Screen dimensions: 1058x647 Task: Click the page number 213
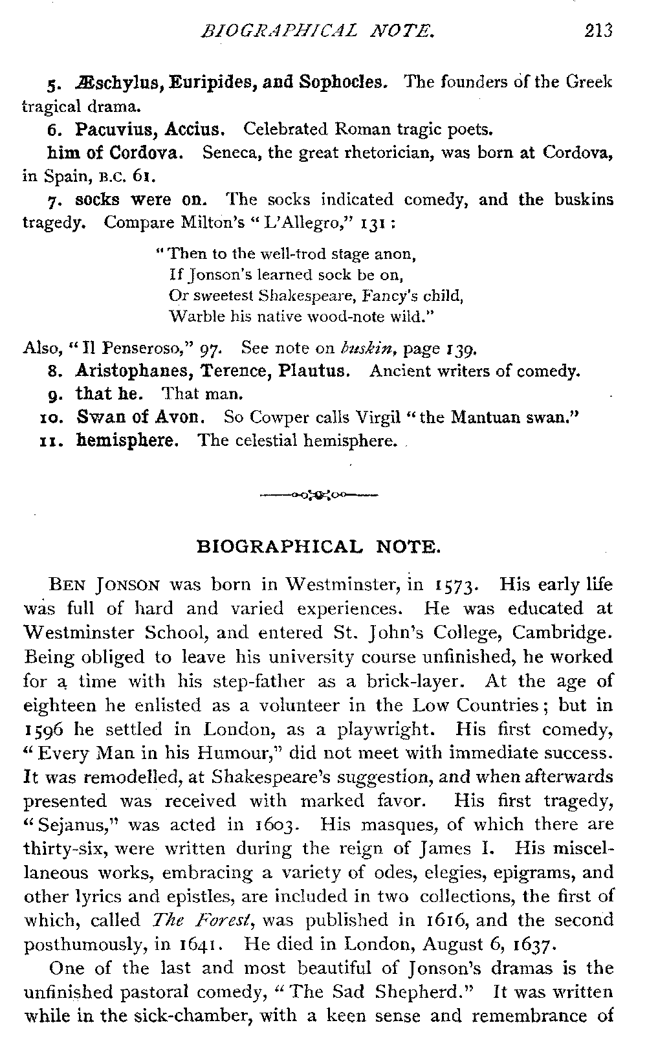[x=597, y=30]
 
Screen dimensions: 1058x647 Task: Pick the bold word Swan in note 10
[x=95, y=417]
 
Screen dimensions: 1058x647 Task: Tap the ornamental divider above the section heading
[x=318, y=496]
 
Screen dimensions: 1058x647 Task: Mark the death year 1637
[x=530, y=944]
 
